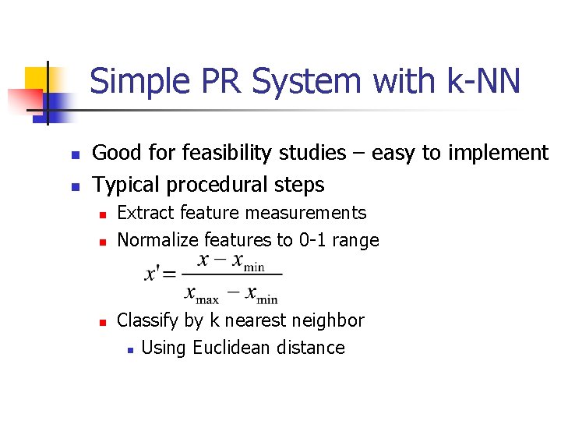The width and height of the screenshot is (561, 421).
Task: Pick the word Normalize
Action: coord(157,240)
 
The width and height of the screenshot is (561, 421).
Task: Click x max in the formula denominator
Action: coord(202,294)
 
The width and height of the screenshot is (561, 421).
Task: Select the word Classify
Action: coord(147,320)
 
